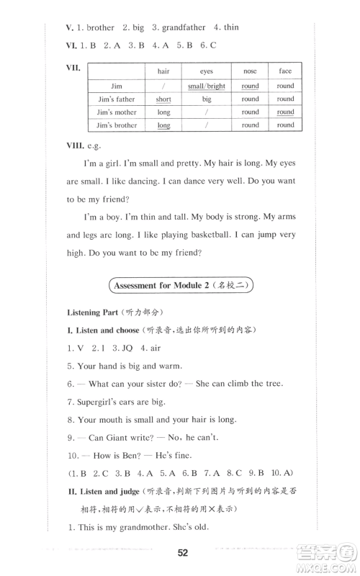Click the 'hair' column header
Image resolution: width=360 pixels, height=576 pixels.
[x=163, y=71]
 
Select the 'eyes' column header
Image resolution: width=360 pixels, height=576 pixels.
[x=207, y=71]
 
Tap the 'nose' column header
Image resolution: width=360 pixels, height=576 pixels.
[x=250, y=71]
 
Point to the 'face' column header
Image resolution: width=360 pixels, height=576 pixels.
[x=285, y=71]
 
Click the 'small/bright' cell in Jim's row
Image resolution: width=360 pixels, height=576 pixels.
[x=207, y=86]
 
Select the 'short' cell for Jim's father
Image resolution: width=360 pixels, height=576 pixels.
[x=163, y=99]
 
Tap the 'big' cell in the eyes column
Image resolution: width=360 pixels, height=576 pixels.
[x=207, y=99]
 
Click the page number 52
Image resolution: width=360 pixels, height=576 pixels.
[x=181, y=552]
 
